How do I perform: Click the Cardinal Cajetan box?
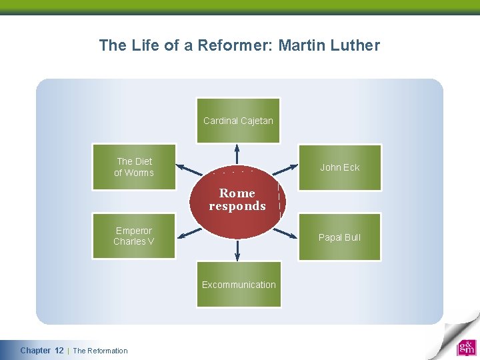(x=238, y=121)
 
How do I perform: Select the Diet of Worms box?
(x=134, y=167)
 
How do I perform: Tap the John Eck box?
(x=339, y=167)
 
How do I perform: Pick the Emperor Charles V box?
(x=134, y=236)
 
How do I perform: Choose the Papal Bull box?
(x=339, y=237)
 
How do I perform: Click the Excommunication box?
(x=239, y=285)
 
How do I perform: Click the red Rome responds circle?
(x=237, y=200)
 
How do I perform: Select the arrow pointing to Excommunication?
(x=237, y=250)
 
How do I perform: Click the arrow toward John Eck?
(x=285, y=171)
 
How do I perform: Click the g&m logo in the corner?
(x=466, y=348)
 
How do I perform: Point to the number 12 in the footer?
(x=59, y=351)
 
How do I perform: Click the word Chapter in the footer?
(x=35, y=351)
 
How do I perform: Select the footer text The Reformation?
(x=100, y=351)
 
